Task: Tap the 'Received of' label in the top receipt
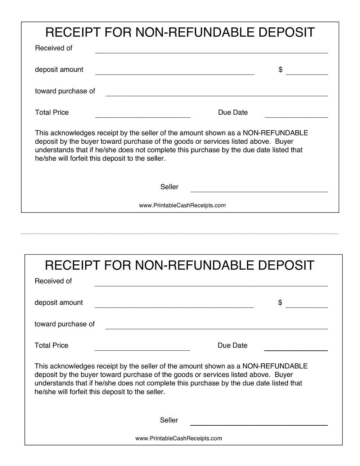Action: (54, 48)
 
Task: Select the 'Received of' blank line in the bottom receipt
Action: (211, 285)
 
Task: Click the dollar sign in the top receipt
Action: (280, 70)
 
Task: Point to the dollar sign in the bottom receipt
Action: (280, 303)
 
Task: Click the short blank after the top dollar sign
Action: (307, 74)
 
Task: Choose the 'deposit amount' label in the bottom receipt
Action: (59, 303)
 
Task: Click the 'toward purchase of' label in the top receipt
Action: (65, 91)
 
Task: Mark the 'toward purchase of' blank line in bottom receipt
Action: (216, 328)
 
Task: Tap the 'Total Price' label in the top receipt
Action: (52, 112)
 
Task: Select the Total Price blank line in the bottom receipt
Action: (142, 350)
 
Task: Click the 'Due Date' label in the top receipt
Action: (233, 112)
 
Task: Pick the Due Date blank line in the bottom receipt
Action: (296, 350)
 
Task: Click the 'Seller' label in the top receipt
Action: (169, 187)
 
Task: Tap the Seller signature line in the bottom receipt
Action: (258, 425)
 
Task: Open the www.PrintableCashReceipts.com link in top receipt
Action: (182, 206)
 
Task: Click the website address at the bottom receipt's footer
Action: (179, 439)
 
